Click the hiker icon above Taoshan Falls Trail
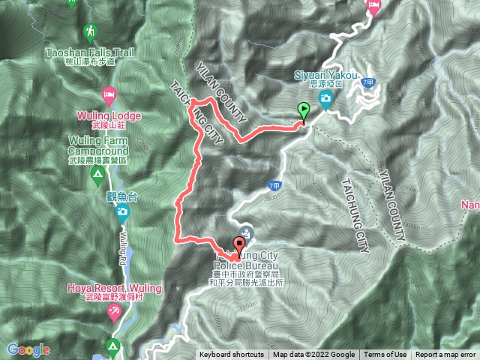click(x=91, y=32)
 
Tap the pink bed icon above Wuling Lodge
click(x=109, y=95)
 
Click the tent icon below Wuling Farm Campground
click(x=96, y=175)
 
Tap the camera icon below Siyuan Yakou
click(x=327, y=103)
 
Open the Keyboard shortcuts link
click(x=231, y=355)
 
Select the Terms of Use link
click(x=386, y=355)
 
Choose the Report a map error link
click(x=446, y=355)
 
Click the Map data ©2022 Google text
click(x=313, y=355)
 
